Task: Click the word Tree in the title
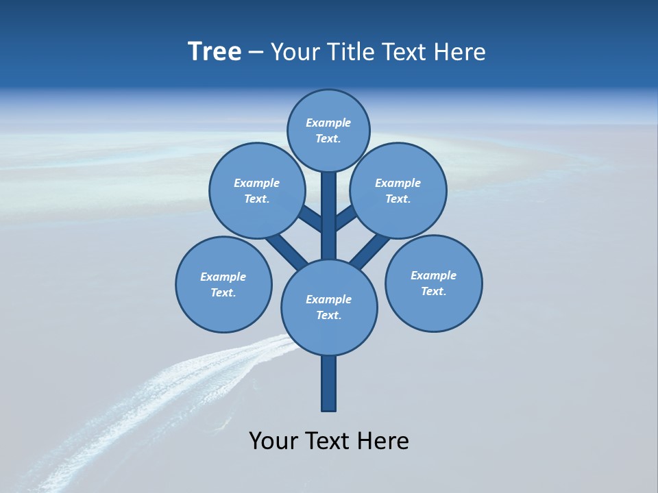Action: pos(215,52)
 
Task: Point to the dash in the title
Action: pos(256,53)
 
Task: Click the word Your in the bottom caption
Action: pos(273,441)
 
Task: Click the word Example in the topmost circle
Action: pos(328,123)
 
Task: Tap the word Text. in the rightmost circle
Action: pos(433,291)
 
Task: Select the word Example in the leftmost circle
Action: pos(223,277)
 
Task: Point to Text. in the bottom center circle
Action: pos(328,315)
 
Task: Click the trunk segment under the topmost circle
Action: pos(329,212)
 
